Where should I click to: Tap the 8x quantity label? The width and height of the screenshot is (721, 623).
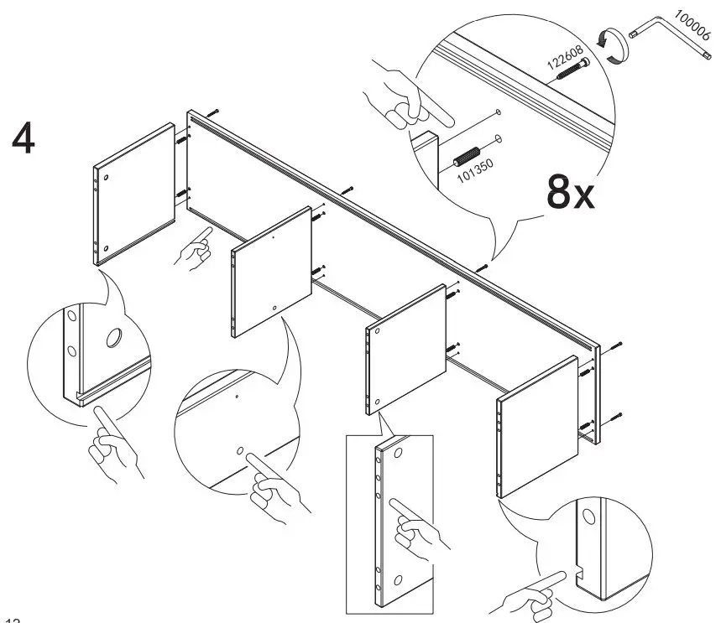570,193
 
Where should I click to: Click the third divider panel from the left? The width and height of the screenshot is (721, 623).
406,345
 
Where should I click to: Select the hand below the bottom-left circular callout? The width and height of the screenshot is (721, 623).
111,444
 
